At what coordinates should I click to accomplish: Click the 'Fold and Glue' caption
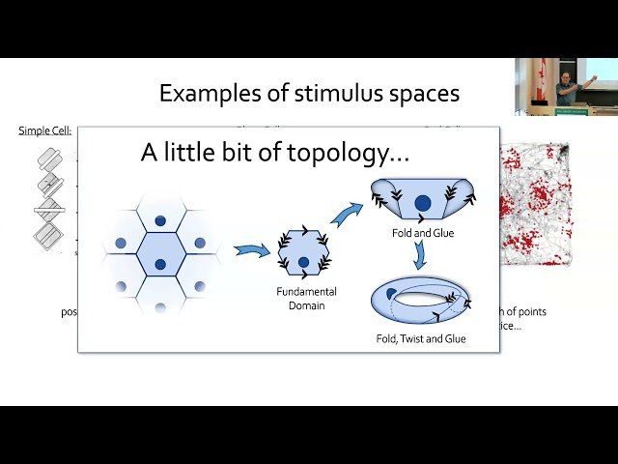click(422, 232)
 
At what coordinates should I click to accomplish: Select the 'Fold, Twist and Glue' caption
click(421, 339)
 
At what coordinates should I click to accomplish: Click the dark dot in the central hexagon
click(160, 254)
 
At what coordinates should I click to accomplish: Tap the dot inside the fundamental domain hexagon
click(304, 262)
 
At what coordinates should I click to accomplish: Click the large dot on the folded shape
click(422, 203)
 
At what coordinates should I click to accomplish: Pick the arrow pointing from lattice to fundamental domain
click(253, 252)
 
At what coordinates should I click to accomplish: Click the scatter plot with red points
click(536, 203)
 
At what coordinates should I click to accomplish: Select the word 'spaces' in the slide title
click(418, 94)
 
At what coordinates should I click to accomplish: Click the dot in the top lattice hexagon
click(160, 203)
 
